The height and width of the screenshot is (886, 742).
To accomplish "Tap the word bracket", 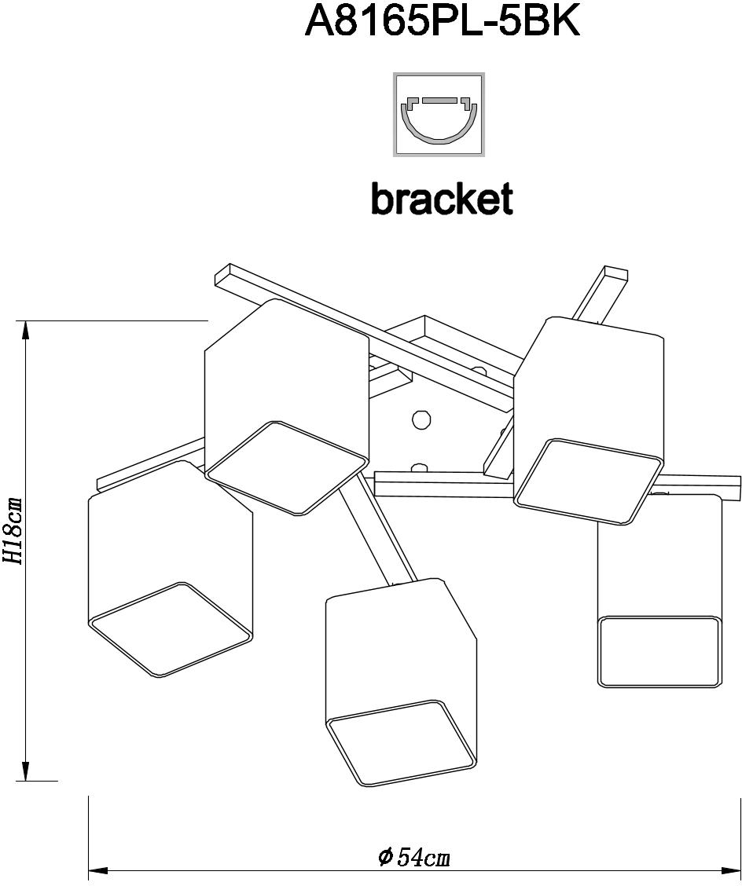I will tap(442, 200).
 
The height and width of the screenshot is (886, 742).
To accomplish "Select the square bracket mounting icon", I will tap(439, 114).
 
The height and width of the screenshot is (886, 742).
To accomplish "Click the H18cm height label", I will tap(14, 531).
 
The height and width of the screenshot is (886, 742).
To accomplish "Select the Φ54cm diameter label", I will tap(414, 855).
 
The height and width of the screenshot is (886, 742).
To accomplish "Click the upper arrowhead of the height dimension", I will tap(26, 331).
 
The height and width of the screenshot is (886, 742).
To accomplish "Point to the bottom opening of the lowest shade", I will tap(401, 742).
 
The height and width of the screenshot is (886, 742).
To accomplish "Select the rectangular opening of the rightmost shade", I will tap(659, 651).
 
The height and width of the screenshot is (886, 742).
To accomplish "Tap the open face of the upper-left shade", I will tap(287, 468).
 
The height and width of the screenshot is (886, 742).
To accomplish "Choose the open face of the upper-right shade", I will tap(588, 481).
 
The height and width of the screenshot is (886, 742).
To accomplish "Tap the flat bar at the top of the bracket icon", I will tap(439, 101).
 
